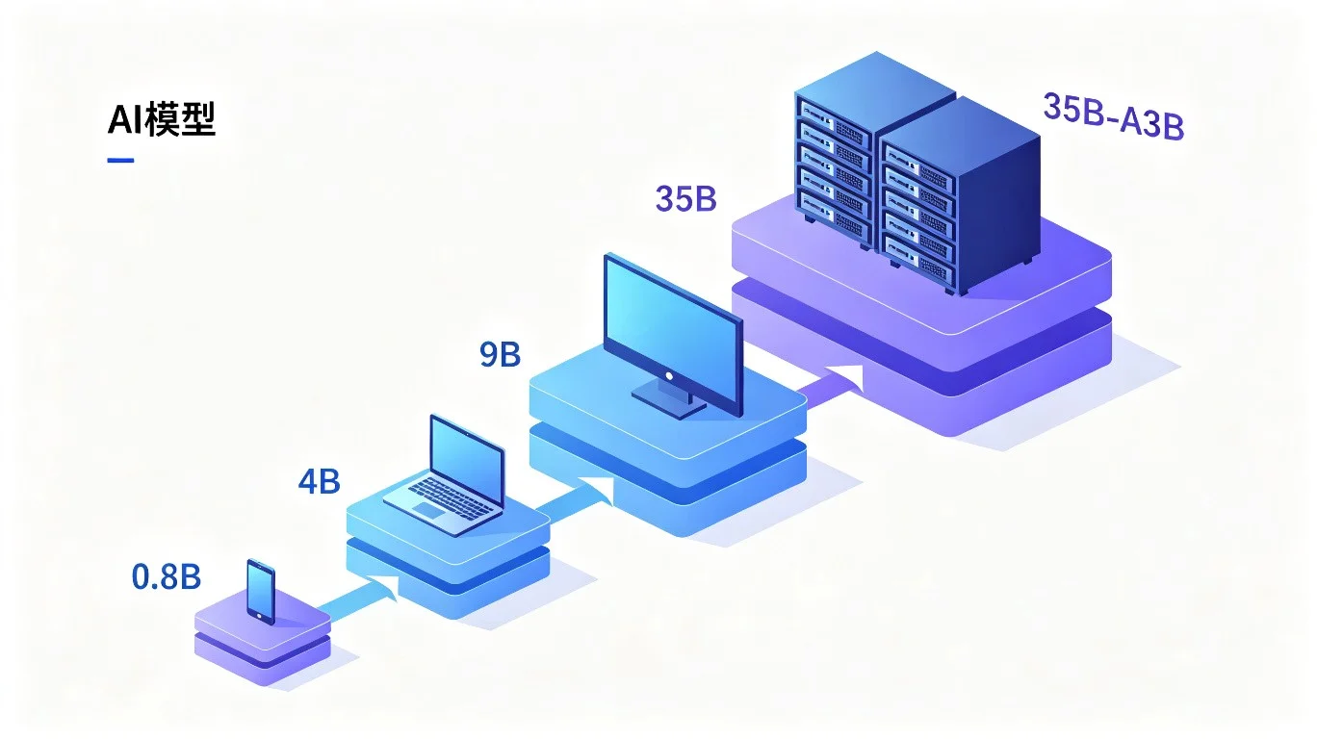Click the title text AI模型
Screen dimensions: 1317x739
[162, 119]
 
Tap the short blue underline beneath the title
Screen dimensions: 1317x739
[120, 160]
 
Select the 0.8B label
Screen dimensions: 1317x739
[167, 576]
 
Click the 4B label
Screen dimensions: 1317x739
[320, 482]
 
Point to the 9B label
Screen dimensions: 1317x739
[501, 354]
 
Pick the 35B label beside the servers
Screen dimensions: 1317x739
[686, 198]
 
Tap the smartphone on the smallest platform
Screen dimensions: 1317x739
[261, 592]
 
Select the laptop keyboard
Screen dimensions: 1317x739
[452, 497]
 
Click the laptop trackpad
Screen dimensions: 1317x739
[429, 510]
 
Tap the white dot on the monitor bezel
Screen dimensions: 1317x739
[669, 376]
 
